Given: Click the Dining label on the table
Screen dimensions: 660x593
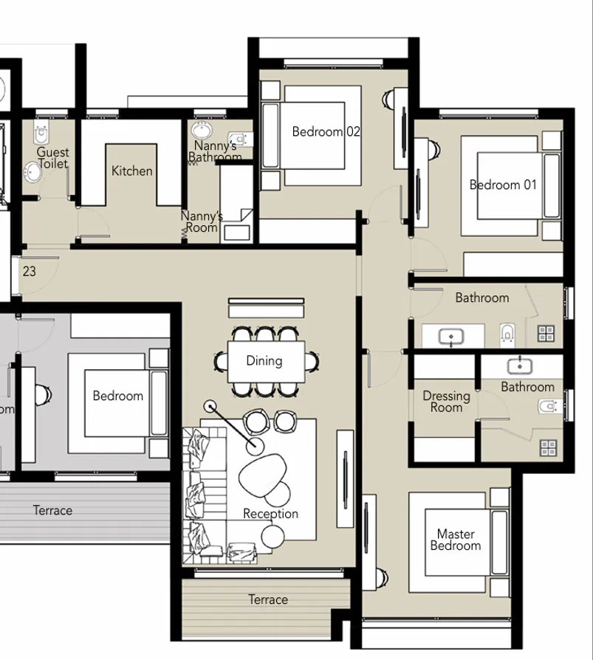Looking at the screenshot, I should tap(264, 361).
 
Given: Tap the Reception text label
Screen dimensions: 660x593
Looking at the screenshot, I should tap(271, 514).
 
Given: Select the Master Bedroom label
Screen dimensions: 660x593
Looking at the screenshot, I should tap(456, 540).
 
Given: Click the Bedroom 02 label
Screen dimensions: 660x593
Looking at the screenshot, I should tap(326, 132).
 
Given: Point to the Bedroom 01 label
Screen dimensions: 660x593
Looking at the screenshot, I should tap(503, 185).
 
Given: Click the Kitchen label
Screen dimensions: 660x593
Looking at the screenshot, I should tap(132, 171).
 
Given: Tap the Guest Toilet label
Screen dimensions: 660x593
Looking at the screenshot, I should tap(52, 158).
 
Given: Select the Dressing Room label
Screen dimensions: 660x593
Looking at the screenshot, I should tap(446, 402).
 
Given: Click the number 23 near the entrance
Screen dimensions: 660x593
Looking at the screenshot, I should tap(29, 272).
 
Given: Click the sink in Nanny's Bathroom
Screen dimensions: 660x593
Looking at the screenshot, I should tap(201, 131).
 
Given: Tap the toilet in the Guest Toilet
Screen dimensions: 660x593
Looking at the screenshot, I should tap(41, 135).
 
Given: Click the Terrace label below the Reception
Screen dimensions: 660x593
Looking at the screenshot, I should tap(267, 599).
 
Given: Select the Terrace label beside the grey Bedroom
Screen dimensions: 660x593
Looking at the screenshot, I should tap(52, 510).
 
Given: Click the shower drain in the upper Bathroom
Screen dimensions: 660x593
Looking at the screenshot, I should tap(546, 333).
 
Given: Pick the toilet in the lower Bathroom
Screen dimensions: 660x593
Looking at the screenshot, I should tap(547, 407).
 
